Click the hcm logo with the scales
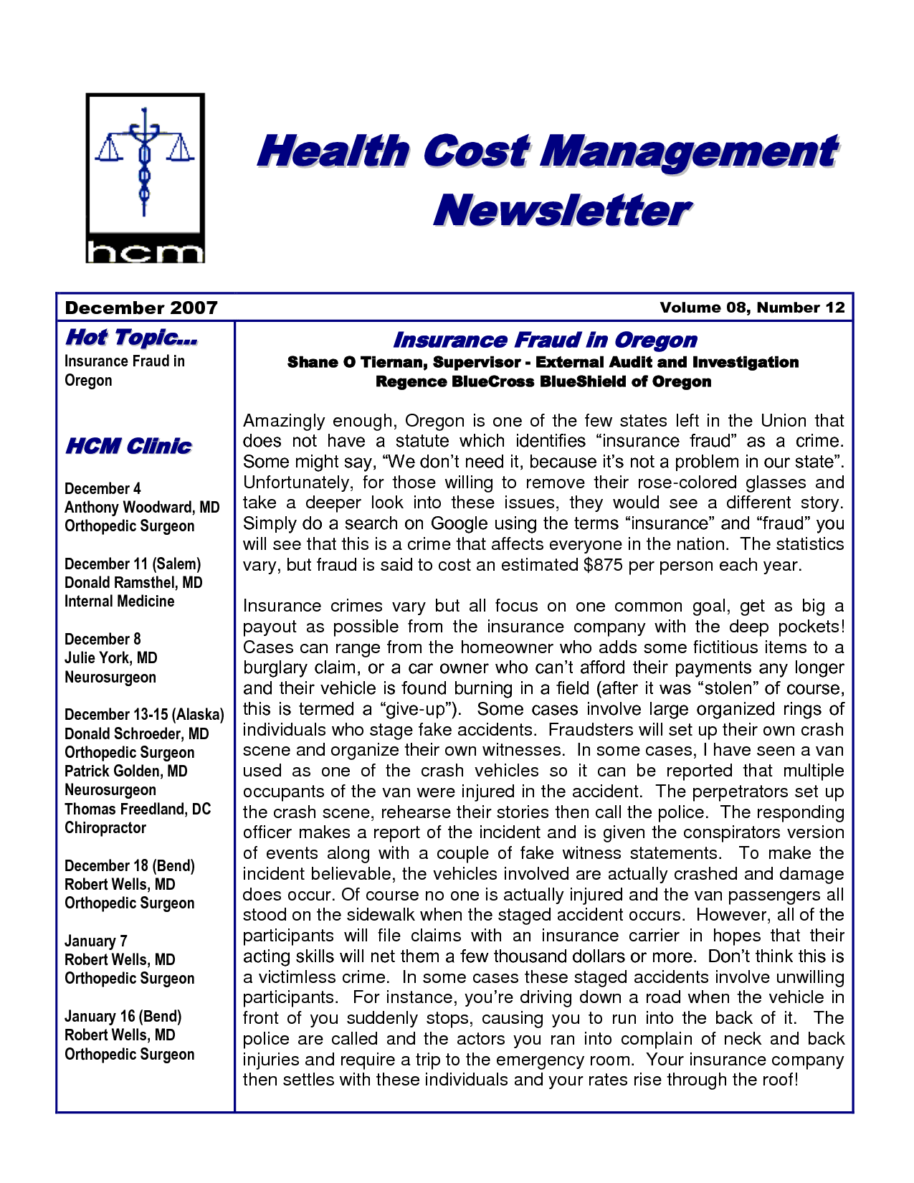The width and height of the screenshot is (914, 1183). [145, 178]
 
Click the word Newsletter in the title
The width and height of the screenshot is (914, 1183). [561, 211]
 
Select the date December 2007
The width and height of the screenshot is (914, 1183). [141, 308]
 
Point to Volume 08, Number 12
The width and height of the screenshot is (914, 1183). [752, 308]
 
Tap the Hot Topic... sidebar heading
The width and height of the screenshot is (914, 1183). [131, 337]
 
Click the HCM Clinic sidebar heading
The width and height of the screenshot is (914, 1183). [128, 446]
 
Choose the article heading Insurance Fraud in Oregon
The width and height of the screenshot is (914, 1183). [545, 340]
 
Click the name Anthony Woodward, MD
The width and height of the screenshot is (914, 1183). [142, 508]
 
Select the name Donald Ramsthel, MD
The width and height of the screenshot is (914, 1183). [133, 583]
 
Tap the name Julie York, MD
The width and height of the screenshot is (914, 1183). [110, 658]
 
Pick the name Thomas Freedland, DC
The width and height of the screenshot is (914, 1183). [138, 809]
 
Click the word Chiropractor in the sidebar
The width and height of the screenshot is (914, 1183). [105, 828]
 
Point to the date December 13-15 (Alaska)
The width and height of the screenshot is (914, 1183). [144, 715]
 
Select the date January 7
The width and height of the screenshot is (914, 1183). [96, 941]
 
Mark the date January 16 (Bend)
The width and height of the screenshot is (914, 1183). [123, 1017]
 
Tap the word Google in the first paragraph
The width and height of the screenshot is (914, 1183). [459, 523]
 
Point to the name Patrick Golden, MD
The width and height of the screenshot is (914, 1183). [126, 771]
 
